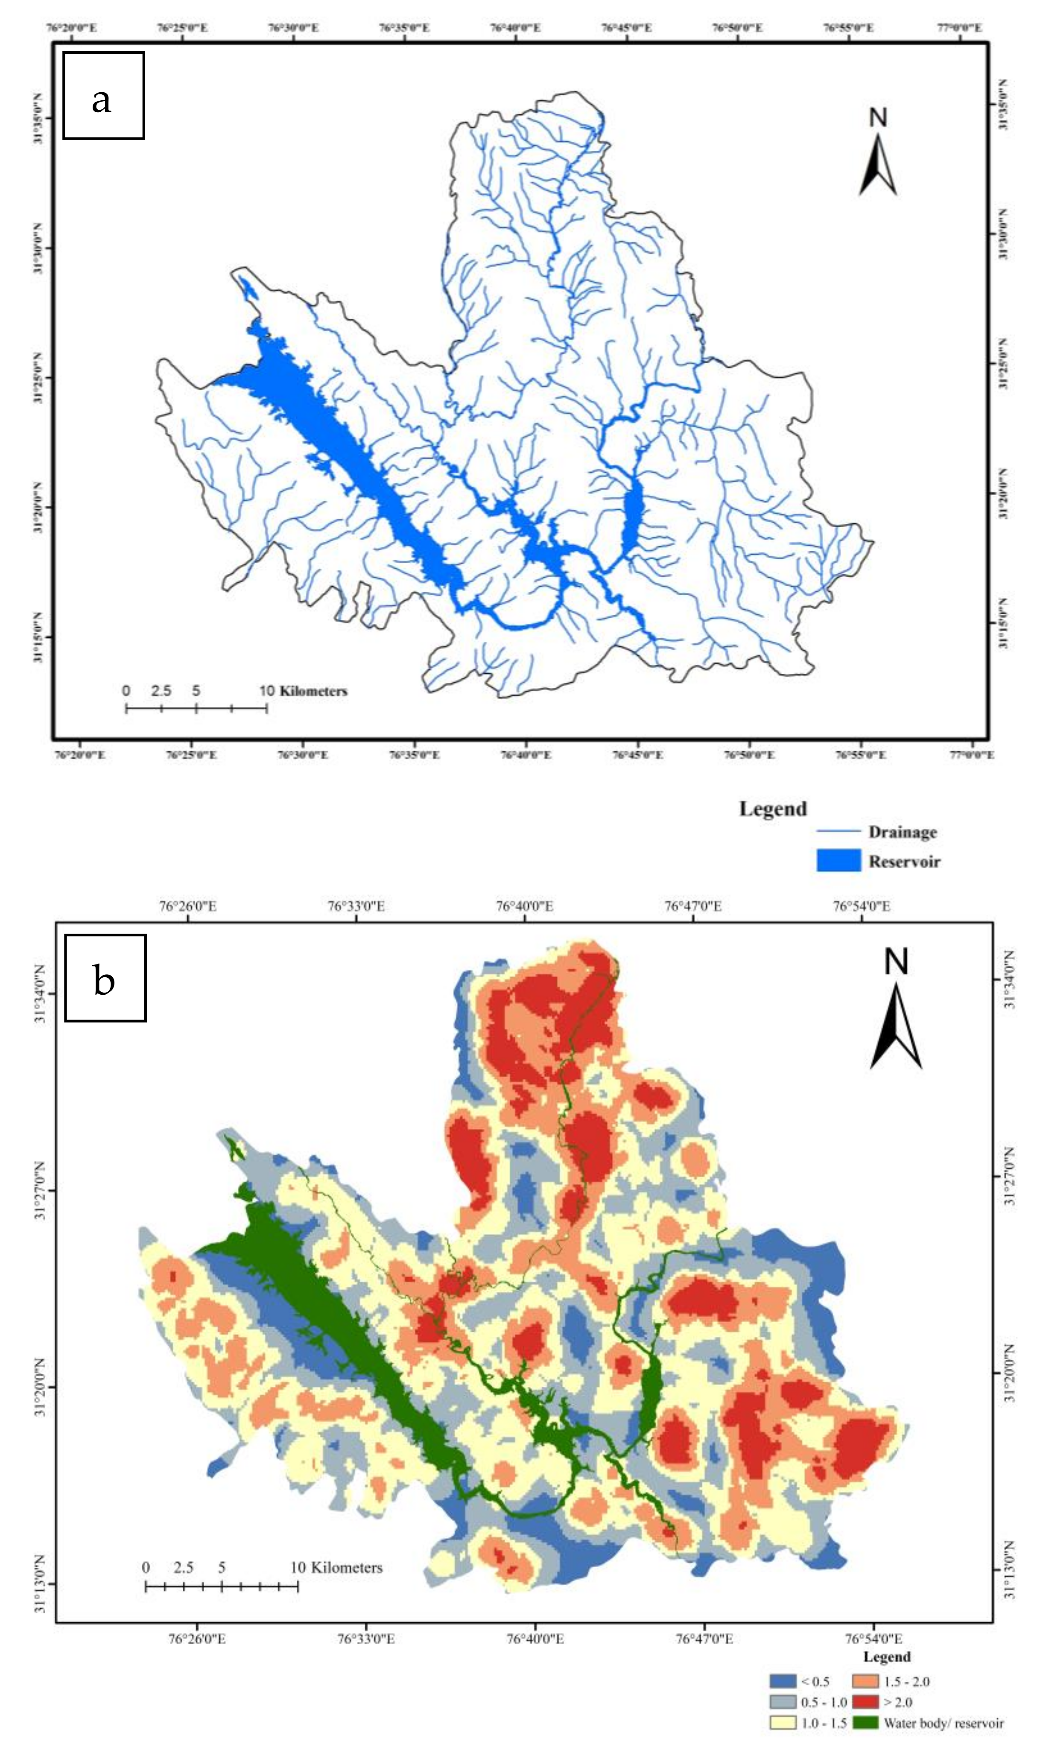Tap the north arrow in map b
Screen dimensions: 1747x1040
click(896, 1009)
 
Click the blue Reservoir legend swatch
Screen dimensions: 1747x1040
click(838, 861)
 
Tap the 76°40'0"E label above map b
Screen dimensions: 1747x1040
click(524, 906)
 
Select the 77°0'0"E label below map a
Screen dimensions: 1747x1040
click(970, 755)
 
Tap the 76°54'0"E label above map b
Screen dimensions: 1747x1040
click(861, 906)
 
